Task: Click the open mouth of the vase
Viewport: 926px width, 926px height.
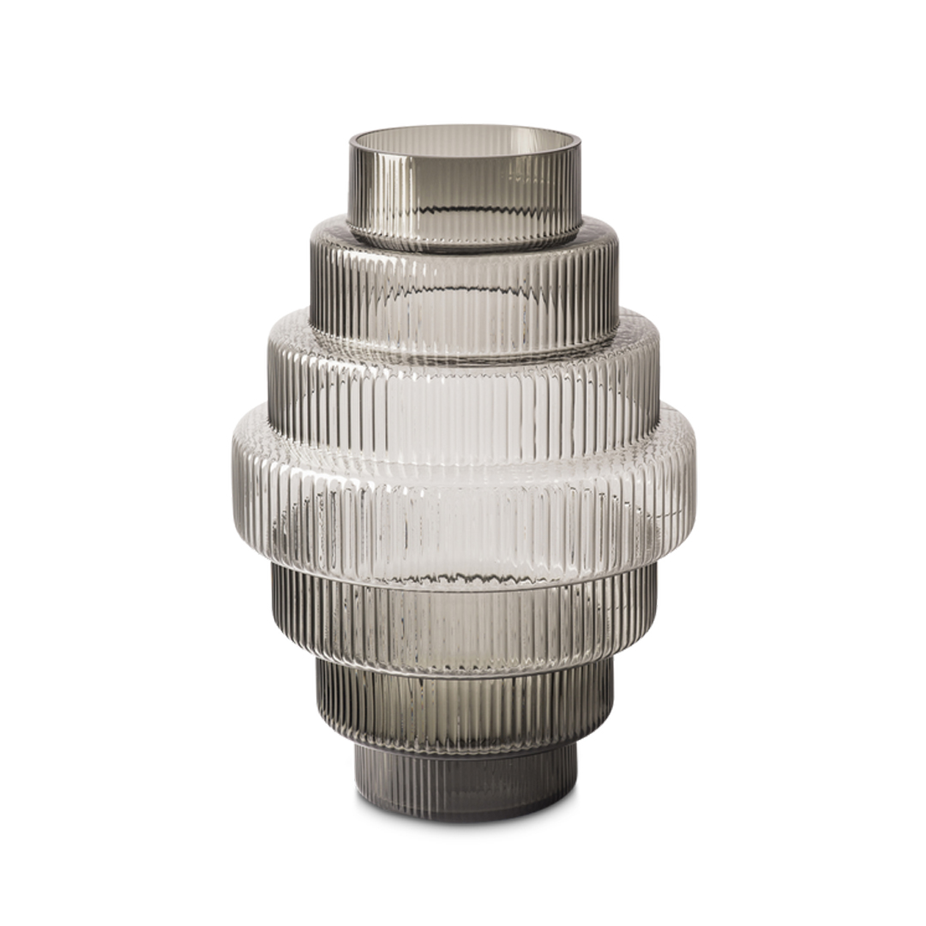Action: click(x=464, y=146)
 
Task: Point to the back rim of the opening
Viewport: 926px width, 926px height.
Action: click(x=464, y=129)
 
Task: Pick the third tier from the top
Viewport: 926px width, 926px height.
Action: click(x=464, y=386)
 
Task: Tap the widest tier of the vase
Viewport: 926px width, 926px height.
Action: click(x=464, y=497)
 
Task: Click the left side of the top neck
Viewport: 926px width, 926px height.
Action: click(x=353, y=189)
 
